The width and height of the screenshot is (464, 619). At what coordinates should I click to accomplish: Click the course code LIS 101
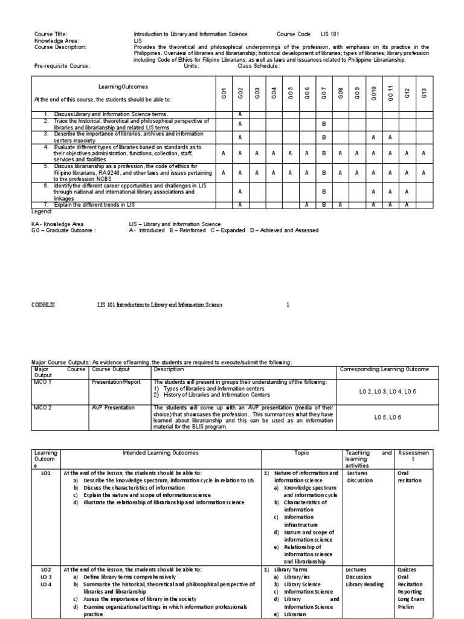click(x=334, y=34)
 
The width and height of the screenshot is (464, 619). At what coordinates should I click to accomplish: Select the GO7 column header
click(x=324, y=92)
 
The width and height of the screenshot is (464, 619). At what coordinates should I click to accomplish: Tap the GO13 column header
click(x=424, y=92)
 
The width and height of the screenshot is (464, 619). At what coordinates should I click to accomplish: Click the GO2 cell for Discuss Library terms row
click(x=240, y=114)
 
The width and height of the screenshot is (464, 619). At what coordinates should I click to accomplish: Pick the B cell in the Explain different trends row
click(x=324, y=205)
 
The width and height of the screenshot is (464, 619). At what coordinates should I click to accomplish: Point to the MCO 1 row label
click(x=42, y=382)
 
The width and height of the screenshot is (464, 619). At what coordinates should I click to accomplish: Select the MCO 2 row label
click(x=42, y=408)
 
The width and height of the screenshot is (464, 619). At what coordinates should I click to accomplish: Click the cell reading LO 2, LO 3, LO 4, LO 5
click(x=384, y=391)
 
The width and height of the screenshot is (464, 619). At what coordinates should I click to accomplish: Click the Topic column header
click(x=301, y=453)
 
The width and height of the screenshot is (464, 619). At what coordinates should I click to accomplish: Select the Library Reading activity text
click(x=367, y=585)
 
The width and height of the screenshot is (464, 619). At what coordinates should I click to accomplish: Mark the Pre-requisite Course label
click(x=62, y=66)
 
